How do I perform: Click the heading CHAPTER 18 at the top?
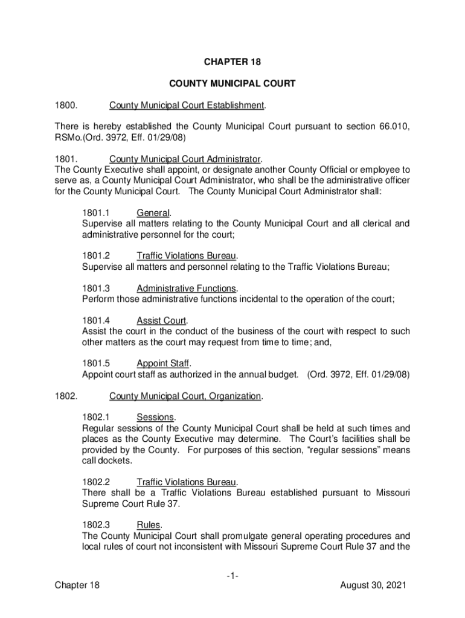coord(232,62)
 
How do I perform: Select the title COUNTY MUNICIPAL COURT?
coord(232,84)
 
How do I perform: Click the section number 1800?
coord(65,106)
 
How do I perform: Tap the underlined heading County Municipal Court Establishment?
coord(187,106)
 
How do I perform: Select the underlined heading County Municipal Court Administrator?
coord(185,159)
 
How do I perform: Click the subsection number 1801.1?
coord(95,212)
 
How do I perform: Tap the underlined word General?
coord(153,212)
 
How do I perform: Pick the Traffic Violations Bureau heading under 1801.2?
coord(186,255)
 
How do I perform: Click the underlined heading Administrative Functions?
coord(186,288)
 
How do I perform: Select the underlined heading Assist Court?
coord(161,320)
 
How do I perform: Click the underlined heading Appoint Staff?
coord(163,363)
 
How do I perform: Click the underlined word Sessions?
coord(155,418)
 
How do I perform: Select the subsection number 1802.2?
coord(95,482)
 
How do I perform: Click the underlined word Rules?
coord(149,524)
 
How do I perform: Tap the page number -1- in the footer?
coord(232,576)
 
